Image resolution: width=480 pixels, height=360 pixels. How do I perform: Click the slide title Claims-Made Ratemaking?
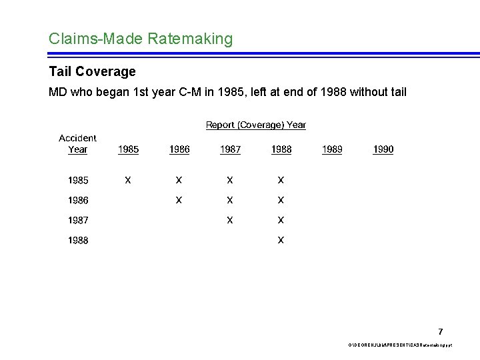[141, 39]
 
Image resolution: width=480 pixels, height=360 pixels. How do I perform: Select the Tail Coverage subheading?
[92, 71]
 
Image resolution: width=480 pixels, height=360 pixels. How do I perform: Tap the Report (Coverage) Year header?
[255, 125]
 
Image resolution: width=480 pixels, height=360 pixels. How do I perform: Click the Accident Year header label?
[77, 143]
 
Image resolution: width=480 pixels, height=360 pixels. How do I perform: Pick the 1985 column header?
[128, 149]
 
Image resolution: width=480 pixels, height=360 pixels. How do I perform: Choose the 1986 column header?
[179, 149]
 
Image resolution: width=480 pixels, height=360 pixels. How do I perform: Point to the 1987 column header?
[230, 149]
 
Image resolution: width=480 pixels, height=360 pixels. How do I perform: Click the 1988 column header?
[281, 149]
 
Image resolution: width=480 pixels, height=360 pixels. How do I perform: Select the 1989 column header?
[332, 149]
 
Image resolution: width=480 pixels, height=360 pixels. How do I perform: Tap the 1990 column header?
[383, 149]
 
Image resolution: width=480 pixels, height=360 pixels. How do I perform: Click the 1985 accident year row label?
[78, 180]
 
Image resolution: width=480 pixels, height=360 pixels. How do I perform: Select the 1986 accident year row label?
[78, 200]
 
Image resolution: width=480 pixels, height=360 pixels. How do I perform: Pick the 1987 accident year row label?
[78, 220]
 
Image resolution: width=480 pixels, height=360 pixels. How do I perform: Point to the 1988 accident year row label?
[78, 241]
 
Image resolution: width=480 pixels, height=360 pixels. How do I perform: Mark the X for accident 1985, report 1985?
[128, 180]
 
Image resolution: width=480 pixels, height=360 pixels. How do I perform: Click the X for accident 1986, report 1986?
[179, 200]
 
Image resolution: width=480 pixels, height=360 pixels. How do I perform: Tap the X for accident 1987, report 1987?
[230, 220]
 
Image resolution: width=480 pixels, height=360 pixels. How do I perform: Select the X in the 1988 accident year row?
[281, 241]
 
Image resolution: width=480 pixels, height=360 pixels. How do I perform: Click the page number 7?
[441, 331]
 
